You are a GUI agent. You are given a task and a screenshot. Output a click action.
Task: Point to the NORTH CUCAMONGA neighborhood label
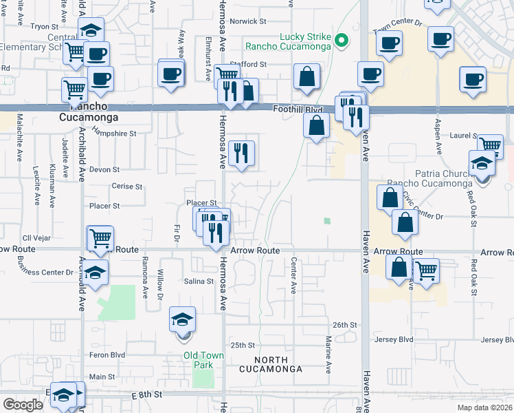271,365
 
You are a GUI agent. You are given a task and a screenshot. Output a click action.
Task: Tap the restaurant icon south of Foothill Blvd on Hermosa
241,153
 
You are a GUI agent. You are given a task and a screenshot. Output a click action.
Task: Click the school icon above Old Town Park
183,319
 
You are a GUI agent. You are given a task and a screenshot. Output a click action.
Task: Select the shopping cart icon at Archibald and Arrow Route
100,238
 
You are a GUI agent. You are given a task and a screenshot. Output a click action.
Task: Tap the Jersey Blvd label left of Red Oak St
394,340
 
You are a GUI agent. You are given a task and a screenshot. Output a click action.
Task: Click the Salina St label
199,282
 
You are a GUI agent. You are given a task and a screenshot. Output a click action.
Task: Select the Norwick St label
248,21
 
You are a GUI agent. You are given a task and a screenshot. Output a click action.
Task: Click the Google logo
23,405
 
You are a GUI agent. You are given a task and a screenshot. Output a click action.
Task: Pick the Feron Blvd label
107,355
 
